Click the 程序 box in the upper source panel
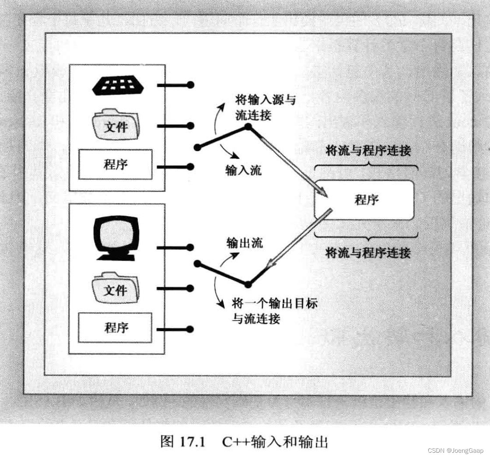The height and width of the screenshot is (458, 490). [x=115, y=164]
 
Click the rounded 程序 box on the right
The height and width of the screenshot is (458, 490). [x=364, y=200]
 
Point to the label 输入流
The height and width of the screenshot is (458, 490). [x=244, y=170]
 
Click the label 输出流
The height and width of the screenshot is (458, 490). [x=245, y=243]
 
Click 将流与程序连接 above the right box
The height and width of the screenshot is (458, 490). [x=368, y=151]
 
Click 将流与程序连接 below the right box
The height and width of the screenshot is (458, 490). [x=368, y=252]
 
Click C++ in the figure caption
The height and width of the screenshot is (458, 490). [x=235, y=442]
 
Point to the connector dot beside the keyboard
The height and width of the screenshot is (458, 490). [x=190, y=85]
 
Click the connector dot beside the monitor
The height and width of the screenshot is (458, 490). [x=190, y=248]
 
